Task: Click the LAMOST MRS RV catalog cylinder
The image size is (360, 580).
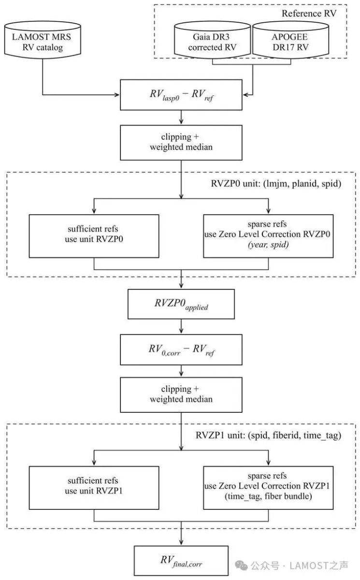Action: pyautogui.click(x=43, y=40)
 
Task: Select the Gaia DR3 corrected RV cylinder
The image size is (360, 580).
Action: pyautogui.click(x=213, y=40)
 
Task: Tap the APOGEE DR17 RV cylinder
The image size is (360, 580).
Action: pyautogui.click(x=290, y=40)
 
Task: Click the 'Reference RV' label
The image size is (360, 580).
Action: pyautogui.click(x=309, y=14)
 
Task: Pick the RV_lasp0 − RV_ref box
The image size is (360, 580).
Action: pyautogui.click(x=181, y=95)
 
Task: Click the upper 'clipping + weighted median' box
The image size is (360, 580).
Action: pyautogui.click(x=181, y=143)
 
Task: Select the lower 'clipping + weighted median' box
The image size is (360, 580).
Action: pyautogui.click(x=181, y=395)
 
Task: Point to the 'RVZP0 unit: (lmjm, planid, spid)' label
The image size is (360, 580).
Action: pyautogui.click(x=276, y=184)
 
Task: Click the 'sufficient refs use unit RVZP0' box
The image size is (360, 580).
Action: pyautogui.click(x=94, y=236)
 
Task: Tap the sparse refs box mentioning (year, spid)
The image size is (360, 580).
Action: pyautogui.click(x=268, y=236)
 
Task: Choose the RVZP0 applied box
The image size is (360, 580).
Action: pyautogui.click(x=181, y=304)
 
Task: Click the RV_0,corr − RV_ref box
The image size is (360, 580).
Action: pyautogui.click(x=181, y=349)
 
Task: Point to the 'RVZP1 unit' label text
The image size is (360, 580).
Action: pyautogui.click(x=268, y=435)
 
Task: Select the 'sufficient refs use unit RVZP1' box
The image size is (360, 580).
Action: pyautogui.click(x=94, y=488)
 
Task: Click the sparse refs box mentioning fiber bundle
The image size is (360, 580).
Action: pyautogui.click(x=268, y=488)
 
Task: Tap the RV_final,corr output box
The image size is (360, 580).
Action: pyautogui.click(x=181, y=561)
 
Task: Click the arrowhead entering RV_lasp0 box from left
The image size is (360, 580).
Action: pyautogui.click(x=117, y=95)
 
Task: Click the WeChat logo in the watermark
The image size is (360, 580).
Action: pyautogui.click(x=241, y=566)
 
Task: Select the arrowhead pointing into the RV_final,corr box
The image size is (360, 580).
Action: pyautogui.click(x=181, y=542)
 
